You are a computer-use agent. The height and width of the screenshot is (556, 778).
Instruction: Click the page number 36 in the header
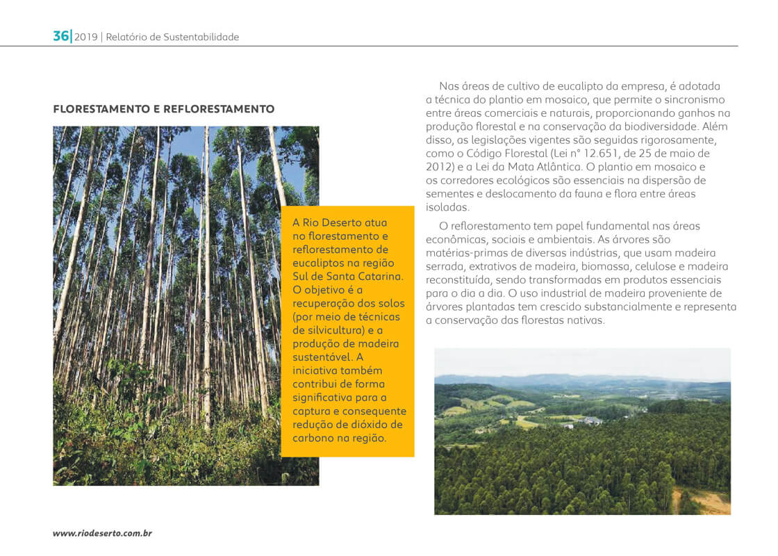(60, 36)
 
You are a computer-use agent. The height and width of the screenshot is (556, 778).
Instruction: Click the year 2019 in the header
(85, 37)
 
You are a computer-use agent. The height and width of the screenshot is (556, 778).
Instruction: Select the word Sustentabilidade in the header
(201, 37)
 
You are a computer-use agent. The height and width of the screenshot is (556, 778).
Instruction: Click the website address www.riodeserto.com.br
(103, 533)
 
